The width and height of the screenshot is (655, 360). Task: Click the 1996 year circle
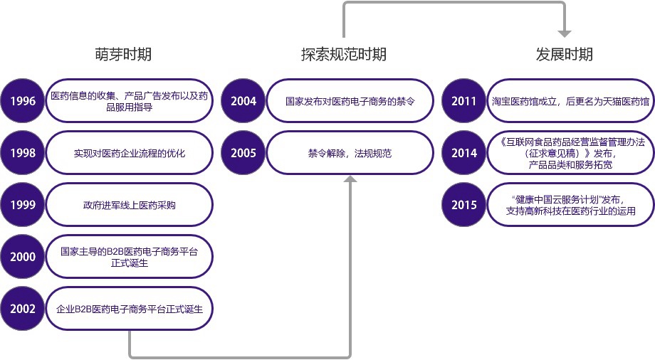pyautogui.click(x=23, y=101)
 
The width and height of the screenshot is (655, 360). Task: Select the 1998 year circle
pyautogui.click(x=23, y=153)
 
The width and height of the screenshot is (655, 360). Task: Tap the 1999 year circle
pyautogui.click(x=23, y=205)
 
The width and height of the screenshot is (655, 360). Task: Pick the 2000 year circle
pyautogui.click(x=23, y=257)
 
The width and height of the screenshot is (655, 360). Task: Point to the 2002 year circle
pyautogui.click(x=23, y=309)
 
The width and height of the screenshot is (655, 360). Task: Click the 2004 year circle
pyautogui.click(x=243, y=101)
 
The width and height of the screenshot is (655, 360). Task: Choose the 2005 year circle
pyautogui.click(x=243, y=153)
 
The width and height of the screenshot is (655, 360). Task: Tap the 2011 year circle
pyautogui.click(x=464, y=101)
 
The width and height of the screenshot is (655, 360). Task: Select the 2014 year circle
pyautogui.click(x=464, y=153)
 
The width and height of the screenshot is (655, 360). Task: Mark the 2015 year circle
pyautogui.click(x=464, y=205)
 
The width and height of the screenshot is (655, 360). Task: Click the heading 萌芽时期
pyautogui.click(x=122, y=54)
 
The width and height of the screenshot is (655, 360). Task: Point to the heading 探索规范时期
pyautogui.click(x=343, y=54)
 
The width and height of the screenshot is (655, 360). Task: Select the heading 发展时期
pyautogui.click(x=564, y=54)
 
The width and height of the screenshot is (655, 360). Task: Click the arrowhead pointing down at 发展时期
pyautogui.click(x=565, y=33)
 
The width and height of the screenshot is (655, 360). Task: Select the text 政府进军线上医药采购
pyautogui.click(x=129, y=206)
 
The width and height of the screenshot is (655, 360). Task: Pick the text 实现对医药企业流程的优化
pyautogui.click(x=129, y=153)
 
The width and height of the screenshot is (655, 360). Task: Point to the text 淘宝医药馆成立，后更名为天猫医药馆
pyautogui.click(x=570, y=101)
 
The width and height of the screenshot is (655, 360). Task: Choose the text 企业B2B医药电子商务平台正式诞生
pyautogui.click(x=130, y=309)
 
